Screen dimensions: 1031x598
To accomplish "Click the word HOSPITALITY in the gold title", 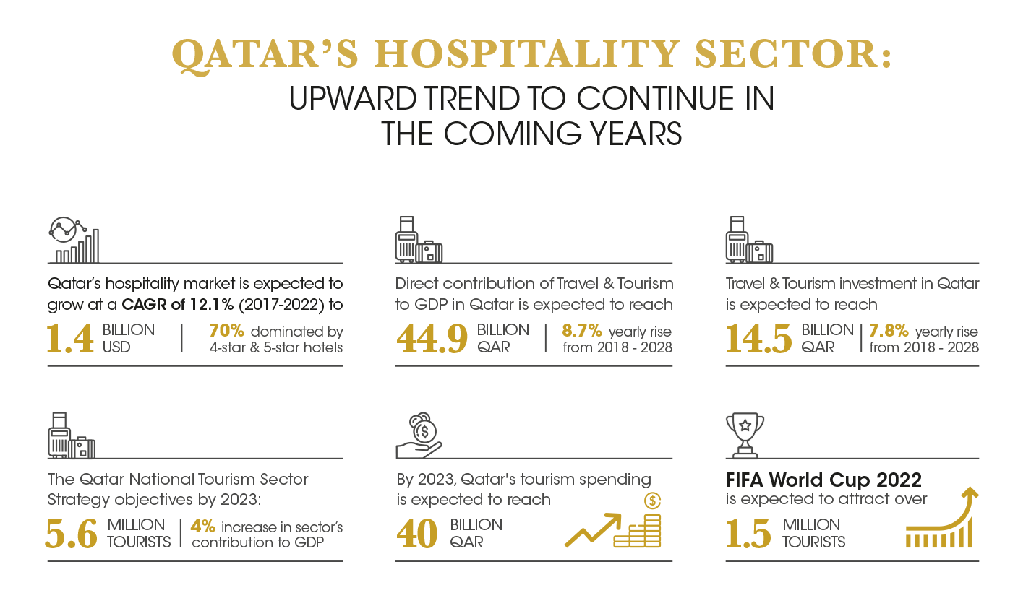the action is pyautogui.click(x=526, y=53).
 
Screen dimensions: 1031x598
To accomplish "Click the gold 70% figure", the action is pyautogui.click(x=226, y=331).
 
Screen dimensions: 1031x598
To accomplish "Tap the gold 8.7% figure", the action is pyautogui.click(x=582, y=331).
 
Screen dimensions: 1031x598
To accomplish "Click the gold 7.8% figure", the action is pyautogui.click(x=889, y=331).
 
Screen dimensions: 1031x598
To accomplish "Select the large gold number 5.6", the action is pyautogui.click(x=72, y=534).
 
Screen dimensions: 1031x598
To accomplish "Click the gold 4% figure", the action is pyautogui.click(x=203, y=526).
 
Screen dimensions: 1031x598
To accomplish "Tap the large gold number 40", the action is pyautogui.click(x=416, y=534).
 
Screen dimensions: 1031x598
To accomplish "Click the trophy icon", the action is pyautogui.click(x=745, y=435).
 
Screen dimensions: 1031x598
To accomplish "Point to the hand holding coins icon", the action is pyautogui.click(x=419, y=435).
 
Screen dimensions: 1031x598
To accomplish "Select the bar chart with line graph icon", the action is pyautogui.click(x=74, y=240).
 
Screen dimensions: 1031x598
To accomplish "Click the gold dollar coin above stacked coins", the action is pyautogui.click(x=653, y=500).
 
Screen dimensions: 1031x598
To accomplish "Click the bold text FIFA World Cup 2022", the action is pyautogui.click(x=823, y=480).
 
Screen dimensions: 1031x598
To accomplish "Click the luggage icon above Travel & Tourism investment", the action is pyautogui.click(x=749, y=240).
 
